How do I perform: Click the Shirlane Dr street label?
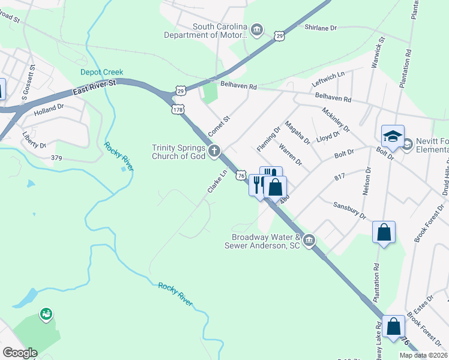[322, 28]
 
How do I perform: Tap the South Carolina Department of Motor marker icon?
[256, 30]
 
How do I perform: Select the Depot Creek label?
[102, 72]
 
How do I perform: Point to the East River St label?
[94, 88]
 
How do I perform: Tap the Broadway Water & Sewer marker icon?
[309, 241]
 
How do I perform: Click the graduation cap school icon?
[392, 136]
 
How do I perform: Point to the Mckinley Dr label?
[336, 121]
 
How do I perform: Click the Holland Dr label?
[49, 109]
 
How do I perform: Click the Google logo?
[20, 353]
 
